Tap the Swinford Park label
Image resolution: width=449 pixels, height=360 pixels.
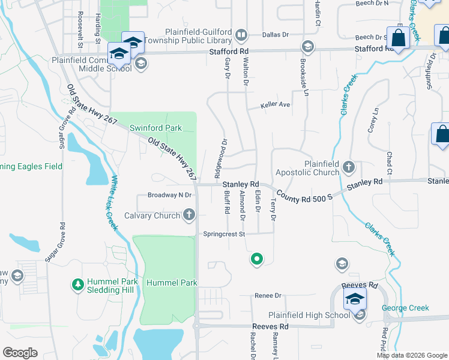coord(156,128)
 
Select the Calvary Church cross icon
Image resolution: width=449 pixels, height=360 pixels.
coord(189,215)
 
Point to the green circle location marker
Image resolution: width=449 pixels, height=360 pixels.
coord(257,259)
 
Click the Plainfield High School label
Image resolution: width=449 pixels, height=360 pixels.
coord(309,315)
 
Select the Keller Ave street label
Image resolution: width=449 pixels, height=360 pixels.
coord(275,105)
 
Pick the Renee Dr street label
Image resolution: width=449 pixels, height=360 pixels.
coord(268,295)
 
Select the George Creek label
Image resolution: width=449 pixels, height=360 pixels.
coord(406,308)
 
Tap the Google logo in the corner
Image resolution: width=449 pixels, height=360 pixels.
coord(20,352)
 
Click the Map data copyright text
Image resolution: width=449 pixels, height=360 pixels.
coord(412,355)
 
